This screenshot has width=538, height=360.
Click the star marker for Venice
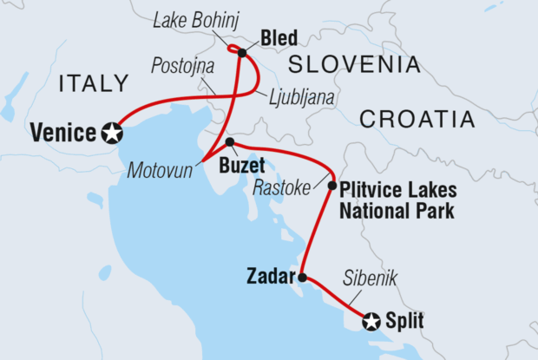[111, 133]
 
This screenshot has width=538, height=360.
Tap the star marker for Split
[372, 322]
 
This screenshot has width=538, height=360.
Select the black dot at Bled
[242, 53]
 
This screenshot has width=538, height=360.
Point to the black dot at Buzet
[229, 141]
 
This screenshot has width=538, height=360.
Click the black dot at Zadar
[303, 278]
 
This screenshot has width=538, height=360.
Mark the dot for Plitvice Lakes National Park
[331, 185]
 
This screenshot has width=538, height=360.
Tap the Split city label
[405, 322]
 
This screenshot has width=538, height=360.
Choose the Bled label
[278, 37]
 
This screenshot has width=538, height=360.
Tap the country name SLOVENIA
[354, 64]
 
